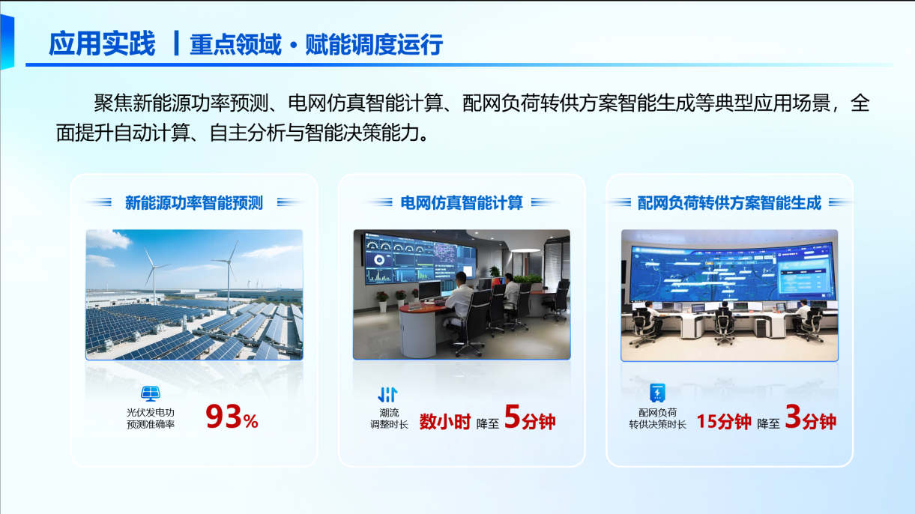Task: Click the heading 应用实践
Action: pos(102,43)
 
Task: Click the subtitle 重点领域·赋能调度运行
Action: pos(316,44)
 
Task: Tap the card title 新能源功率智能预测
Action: pos(193,202)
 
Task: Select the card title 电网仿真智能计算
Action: pos(462,202)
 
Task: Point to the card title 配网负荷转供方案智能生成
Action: pos(729,202)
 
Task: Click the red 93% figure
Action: pos(232,417)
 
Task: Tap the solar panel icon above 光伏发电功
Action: pos(151,393)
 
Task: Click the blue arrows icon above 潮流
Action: pos(387,394)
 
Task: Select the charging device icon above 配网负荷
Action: pos(657,393)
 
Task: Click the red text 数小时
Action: pos(445,422)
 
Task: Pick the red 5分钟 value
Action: pos(530,417)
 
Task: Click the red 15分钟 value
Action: pos(724,422)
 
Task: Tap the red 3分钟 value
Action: pos(810,417)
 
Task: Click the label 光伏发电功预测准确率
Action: pos(151,418)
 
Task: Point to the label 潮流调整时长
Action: pos(389,418)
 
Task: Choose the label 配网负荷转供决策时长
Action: pos(657,418)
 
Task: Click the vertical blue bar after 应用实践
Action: pos(176,43)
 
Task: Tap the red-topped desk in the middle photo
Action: pos(425,307)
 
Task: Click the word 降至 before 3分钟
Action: pos(768,424)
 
